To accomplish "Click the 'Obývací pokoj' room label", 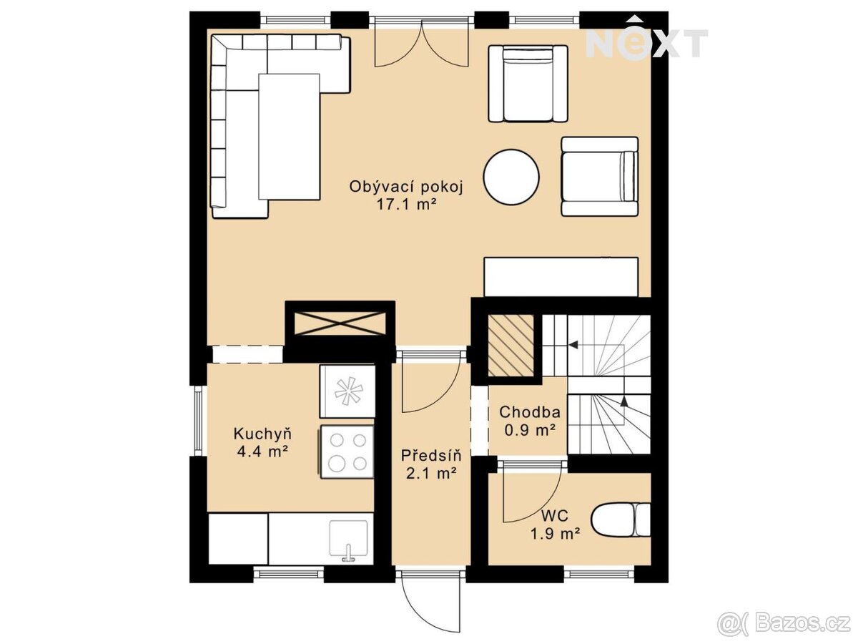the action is (x=405, y=187).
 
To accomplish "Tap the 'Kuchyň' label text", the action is (x=262, y=434).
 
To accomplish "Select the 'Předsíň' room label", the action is (x=431, y=456).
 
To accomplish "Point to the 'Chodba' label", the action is (x=530, y=412).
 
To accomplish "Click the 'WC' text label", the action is (x=555, y=516).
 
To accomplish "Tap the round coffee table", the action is (x=511, y=177).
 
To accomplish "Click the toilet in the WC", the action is (x=621, y=519).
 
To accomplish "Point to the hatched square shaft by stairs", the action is (x=511, y=346).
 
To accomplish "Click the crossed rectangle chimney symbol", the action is (x=340, y=323).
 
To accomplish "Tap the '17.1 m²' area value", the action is (x=405, y=205).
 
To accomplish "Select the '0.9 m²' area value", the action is (x=530, y=430).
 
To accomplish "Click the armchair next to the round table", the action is (x=600, y=176).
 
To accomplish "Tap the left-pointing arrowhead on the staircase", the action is (x=573, y=345).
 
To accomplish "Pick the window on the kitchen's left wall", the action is (x=199, y=421).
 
